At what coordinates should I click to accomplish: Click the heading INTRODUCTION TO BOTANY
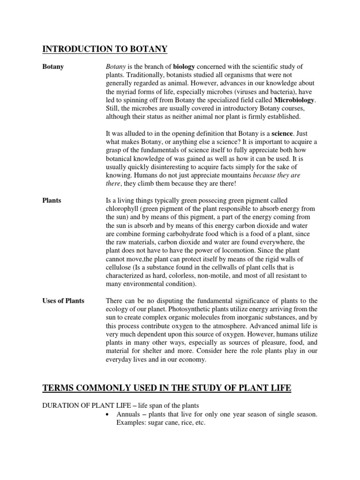pos(105,49)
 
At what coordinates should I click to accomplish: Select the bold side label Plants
pos(52,201)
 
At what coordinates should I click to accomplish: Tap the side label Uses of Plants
pos(63,300)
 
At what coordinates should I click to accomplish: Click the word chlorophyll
pos(124,209)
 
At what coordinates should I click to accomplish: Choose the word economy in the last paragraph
pos(194,360)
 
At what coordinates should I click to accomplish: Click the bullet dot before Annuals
pos(108,414)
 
